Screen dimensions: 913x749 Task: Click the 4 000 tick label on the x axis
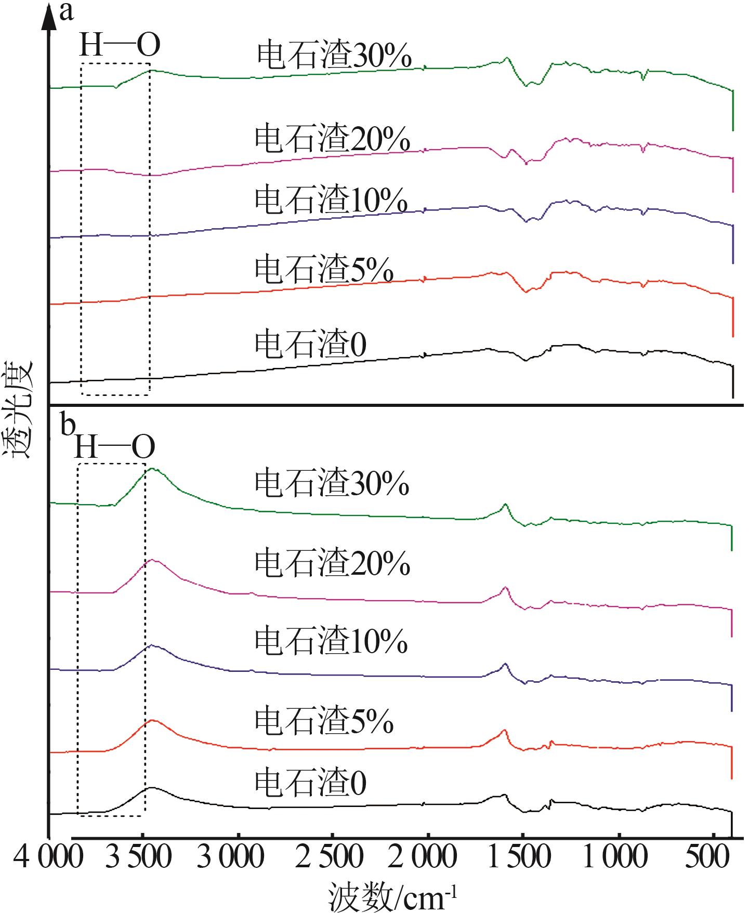tap(48, 857)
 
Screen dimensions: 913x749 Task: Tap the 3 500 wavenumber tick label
tap(138, 857)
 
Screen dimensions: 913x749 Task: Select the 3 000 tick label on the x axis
tap(230, 857)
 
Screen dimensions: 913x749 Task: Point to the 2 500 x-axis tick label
tap(329, 857)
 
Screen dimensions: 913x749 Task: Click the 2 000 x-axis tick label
tap(422, 857)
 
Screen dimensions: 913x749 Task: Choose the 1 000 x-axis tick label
tap(615, 857)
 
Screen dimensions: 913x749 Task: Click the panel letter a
tap(66, 11)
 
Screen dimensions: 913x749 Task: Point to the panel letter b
tap(67, 425)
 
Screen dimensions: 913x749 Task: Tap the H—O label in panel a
tap(120, 46)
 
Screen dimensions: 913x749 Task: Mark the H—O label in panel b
tap(115, 446)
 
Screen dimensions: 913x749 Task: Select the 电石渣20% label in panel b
tap(332, 563)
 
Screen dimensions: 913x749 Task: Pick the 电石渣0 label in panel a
tap(310, 344)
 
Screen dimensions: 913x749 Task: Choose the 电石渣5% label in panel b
tap(323, 721)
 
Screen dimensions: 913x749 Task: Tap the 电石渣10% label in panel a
tap(331, 200)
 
